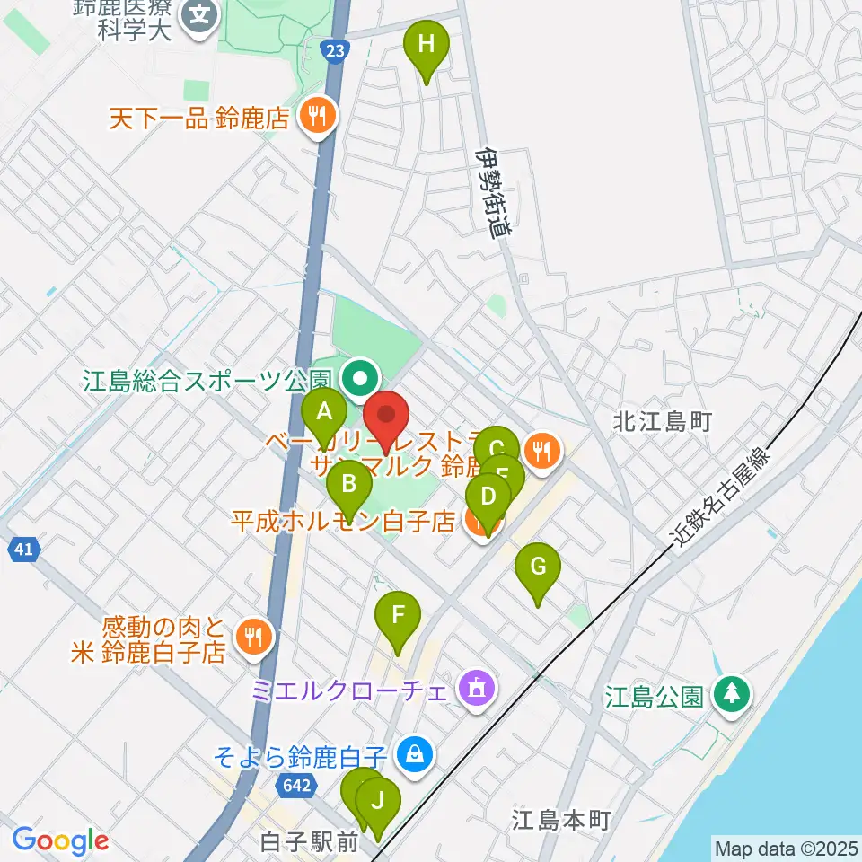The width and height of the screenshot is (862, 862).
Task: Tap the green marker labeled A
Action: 324,413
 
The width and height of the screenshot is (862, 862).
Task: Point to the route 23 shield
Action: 335,53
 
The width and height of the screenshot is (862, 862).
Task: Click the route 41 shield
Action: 23,550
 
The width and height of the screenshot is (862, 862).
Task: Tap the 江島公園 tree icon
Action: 733,695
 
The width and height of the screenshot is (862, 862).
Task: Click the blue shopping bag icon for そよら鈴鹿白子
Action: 414,753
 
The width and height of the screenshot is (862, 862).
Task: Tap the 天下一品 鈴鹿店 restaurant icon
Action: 315,115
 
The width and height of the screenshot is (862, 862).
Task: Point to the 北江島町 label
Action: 663,420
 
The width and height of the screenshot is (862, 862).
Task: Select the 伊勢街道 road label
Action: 493,192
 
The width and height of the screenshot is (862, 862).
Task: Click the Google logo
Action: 60,841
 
